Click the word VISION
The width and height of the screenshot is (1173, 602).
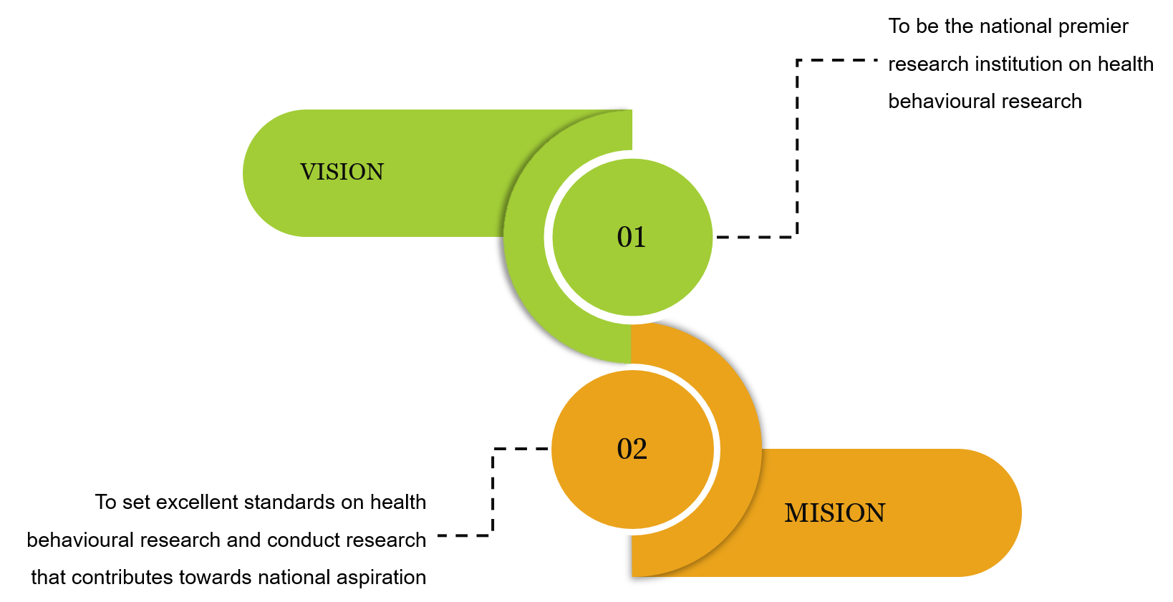(342, 173)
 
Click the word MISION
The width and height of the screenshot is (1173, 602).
(834, 513)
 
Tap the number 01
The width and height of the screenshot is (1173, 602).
(632, 238)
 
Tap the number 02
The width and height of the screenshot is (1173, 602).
(632, 450)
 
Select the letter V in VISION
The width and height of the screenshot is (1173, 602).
(308, 173)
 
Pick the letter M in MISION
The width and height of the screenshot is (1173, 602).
(796, 513)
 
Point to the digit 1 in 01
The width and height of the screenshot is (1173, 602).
(640, 238)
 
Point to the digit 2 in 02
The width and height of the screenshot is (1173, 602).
(640, 450)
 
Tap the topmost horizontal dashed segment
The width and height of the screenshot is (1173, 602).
(837, 60)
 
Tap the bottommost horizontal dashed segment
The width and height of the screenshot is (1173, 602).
(465, 535)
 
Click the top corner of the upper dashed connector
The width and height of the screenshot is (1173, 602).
(797, 60)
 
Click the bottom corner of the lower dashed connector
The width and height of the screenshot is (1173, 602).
(493, 535)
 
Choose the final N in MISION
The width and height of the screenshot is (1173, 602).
(875, 513)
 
